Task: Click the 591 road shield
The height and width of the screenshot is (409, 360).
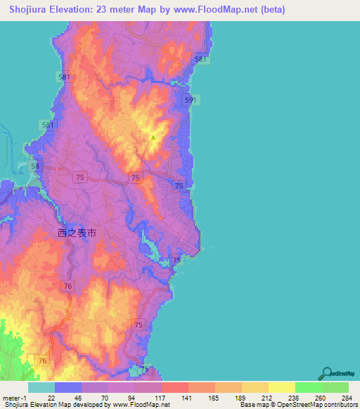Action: tap(189, 101)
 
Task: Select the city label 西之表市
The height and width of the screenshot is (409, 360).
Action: tap(80, 231)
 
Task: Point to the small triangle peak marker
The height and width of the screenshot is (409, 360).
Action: tap(153, 137)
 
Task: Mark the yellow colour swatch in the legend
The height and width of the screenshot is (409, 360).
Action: tap(281, 388)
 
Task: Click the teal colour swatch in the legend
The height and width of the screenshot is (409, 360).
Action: tap(41, 388)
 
